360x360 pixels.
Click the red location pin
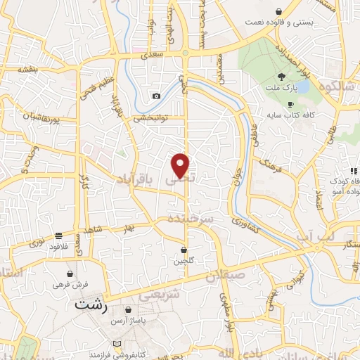pyautogui.click(x=181, y=165)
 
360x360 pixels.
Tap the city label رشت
pyautogui.click(x=92, y=307)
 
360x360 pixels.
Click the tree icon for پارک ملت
pyautogui.click(x=281, y=77)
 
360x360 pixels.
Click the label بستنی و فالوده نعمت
pyautogui.click(x=278, y=22)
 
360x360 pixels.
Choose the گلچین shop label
pyautogui.click(x=184, y=261)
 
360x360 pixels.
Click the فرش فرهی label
pyautogui.click(x=70, y=284)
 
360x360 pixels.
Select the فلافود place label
pyautogui.click(x=58, y=247)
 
